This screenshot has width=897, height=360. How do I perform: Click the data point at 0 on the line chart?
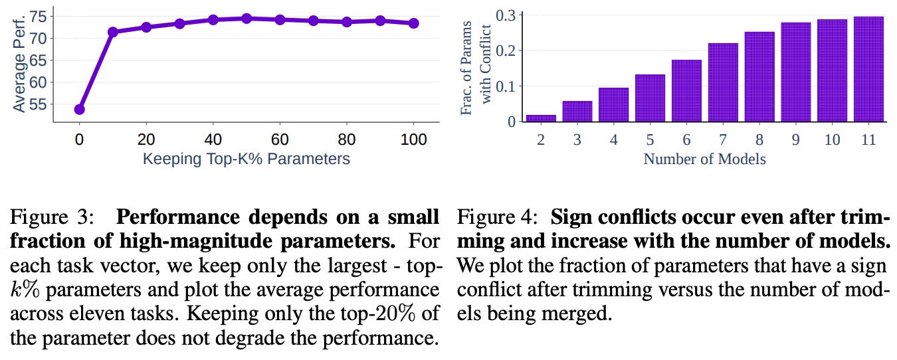coord(80,110)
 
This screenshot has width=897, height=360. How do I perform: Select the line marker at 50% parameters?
coord(247,19)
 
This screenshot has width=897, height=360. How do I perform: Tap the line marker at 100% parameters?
coord(413,23)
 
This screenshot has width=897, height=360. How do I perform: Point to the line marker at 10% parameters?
coord(113,32)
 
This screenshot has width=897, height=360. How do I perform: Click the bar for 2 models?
coord(541,118)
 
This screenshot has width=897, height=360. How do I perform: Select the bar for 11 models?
coord(868,69)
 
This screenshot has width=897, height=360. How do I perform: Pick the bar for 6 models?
coord(686,91)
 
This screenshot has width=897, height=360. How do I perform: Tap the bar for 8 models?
coord(759,77)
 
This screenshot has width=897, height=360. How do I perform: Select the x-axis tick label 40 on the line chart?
coord(213,139)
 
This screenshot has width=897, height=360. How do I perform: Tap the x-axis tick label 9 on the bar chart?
coord(795,139)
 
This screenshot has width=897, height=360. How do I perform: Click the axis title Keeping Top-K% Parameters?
coord(246,159)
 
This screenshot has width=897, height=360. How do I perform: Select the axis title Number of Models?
coord(704,159)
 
